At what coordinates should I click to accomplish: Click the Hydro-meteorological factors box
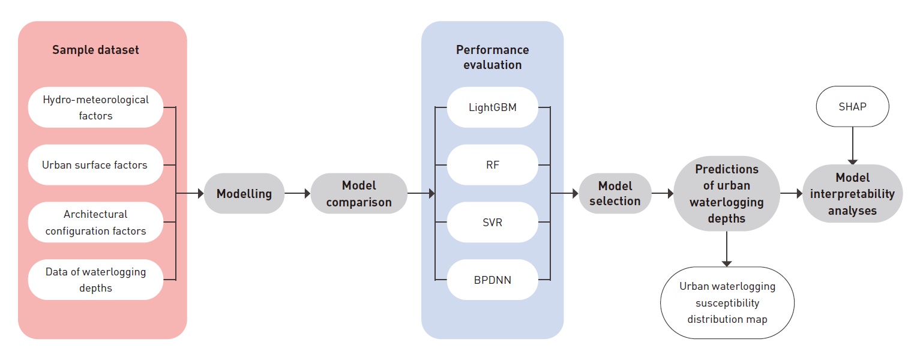[95, 107]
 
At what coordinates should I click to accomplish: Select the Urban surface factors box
[95, 164]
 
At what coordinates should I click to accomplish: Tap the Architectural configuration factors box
[95, 222]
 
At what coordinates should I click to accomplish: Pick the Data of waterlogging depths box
[95, 280]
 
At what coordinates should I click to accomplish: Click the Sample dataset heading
[95, 50]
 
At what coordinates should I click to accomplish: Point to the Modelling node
[244, 194]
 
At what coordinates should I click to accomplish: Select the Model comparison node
[359, 194]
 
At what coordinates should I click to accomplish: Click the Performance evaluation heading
[492, 57]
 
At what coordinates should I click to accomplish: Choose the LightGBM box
[492, 107]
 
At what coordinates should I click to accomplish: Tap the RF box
[492, 164]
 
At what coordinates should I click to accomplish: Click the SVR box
[492, 222]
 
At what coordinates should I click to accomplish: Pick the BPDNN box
[492, 280]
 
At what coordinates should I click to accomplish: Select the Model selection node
[615, 194]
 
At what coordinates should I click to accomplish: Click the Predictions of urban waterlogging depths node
[726, 194]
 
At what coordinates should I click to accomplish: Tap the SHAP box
[852, 107]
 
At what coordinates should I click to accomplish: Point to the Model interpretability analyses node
[852, 194]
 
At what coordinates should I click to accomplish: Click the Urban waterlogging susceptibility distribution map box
[727, 302]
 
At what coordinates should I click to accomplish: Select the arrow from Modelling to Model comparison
[297, 194]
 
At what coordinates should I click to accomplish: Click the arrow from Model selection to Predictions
[663, 194]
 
